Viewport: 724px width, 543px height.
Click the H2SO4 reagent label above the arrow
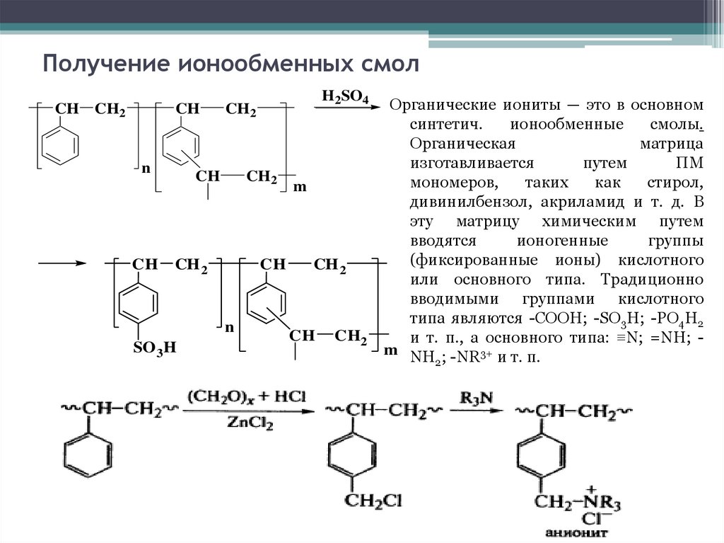(344, 97)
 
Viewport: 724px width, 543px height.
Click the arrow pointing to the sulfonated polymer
(61, 264)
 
